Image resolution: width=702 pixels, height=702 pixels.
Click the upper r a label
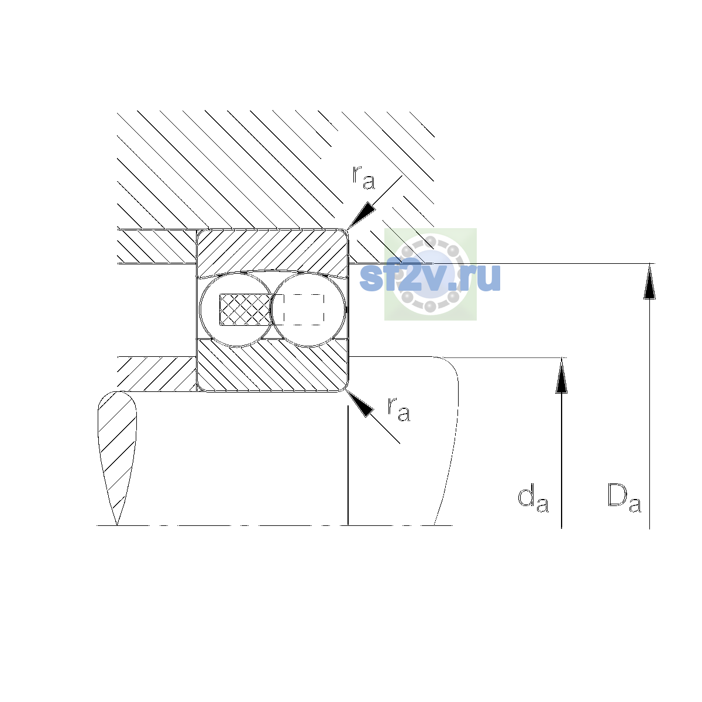(363, 177)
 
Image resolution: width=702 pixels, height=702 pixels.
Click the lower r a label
(399, 409)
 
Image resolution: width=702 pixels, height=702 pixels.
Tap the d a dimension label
(533, 498)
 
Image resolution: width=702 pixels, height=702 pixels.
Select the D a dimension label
(624, 498)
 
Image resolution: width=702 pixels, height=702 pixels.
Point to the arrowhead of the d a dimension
(562, 376)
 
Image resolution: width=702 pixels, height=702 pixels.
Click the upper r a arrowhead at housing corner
(361, 216)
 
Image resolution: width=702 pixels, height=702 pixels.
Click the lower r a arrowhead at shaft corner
(360, 404)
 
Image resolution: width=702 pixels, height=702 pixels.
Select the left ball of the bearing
(236, 309)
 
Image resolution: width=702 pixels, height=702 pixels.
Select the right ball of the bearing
(308, 309)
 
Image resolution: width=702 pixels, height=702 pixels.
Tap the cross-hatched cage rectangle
(245, 309)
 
